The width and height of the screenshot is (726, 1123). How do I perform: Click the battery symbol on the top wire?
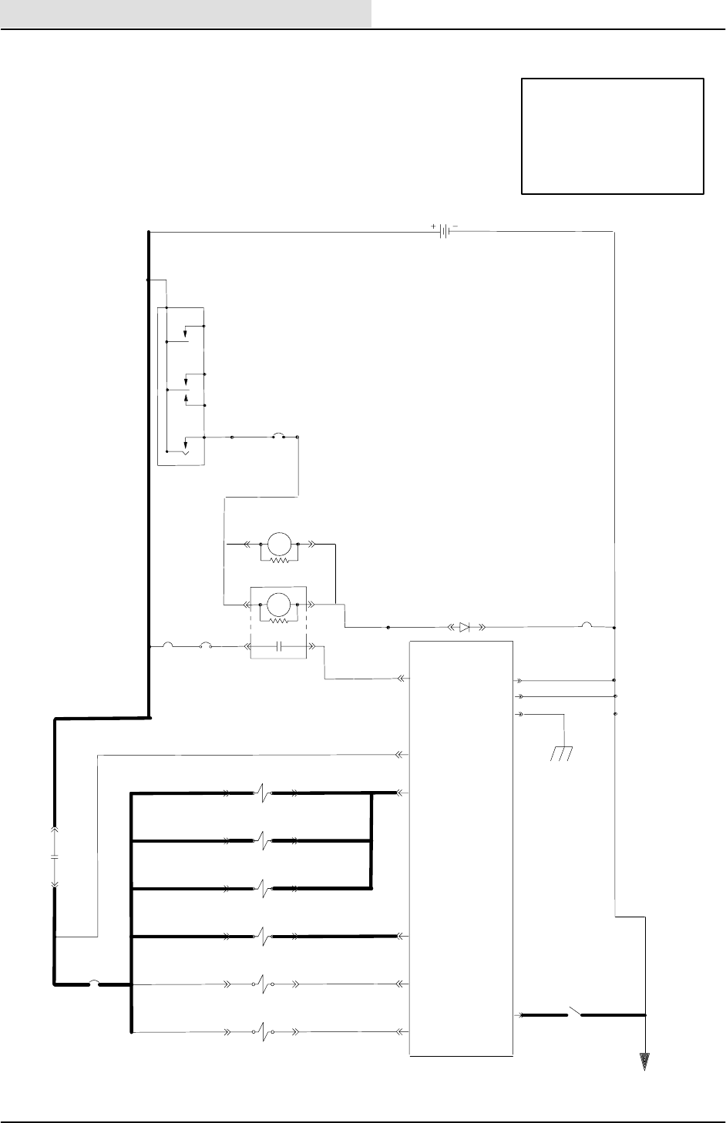[444, 231]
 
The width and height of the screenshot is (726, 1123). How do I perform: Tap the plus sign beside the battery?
[433, 226]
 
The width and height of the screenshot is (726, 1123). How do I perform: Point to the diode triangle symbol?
[464, 627]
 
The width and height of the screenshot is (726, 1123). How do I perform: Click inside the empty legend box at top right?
[613, 136]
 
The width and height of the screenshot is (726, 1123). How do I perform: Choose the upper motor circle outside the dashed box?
[278, 543]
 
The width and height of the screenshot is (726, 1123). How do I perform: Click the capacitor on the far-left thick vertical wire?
[55, 856]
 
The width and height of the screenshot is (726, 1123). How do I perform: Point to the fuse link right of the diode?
[587, 625]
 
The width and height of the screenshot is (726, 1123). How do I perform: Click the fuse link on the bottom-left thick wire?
[93, 983]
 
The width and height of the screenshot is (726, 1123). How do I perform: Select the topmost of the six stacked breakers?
[264, 792]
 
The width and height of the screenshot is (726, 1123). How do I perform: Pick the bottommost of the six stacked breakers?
[264, 1031]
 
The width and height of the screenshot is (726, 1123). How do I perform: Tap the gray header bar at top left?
[186, 14]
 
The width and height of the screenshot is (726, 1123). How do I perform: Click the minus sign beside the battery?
[455, 226]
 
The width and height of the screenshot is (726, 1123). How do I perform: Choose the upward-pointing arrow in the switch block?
[187, 398]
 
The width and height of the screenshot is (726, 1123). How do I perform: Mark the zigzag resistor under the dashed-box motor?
[279, 620]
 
